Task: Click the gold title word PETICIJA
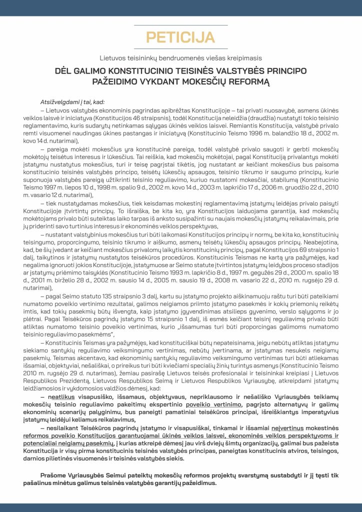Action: click(x=180, y=37)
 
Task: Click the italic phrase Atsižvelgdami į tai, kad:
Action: click(x=72, y=102)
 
